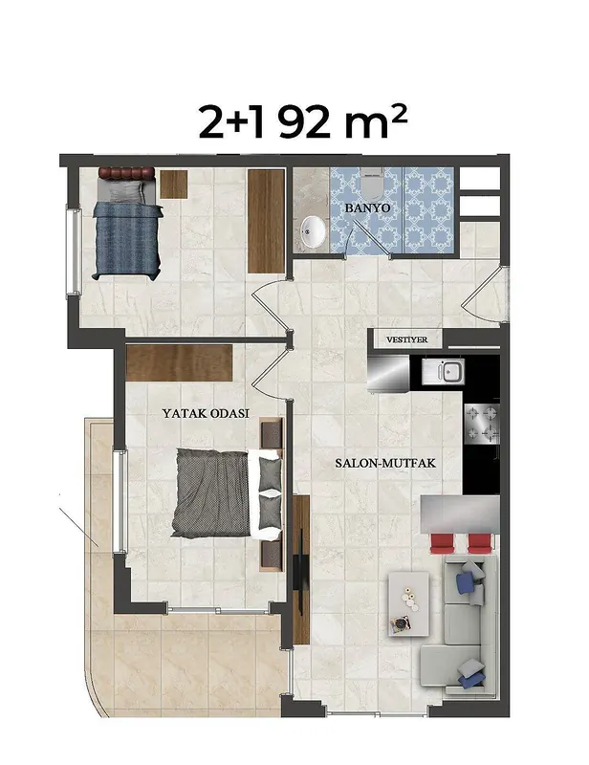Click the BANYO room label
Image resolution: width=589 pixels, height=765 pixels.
[x=367, y=208]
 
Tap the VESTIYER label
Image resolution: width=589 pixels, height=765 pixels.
[x=406, y=339]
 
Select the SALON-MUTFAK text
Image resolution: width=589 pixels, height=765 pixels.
[x=385, y=463]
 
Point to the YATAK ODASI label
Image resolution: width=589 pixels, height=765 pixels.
[x=206, y=413]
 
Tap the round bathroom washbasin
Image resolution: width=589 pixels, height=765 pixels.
[x=314, y=230]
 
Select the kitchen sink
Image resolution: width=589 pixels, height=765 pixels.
[x=443, y=372]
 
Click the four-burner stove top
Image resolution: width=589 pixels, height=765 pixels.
[x=482, y=424]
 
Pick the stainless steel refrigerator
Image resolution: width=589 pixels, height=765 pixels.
[x=388, y=373]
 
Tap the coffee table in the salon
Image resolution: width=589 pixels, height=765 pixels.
[x=409, y=604]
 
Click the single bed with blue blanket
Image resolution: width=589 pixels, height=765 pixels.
[x=127, y=224]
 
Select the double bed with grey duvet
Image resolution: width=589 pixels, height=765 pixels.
[x=227, y=493]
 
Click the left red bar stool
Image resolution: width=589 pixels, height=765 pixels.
[x=443, y=543]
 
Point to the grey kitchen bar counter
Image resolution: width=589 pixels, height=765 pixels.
[x=460, y=514]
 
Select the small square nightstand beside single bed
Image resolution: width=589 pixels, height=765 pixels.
[x=174, y=184]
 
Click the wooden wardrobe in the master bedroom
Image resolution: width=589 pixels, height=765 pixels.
[x=179, y=363]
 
